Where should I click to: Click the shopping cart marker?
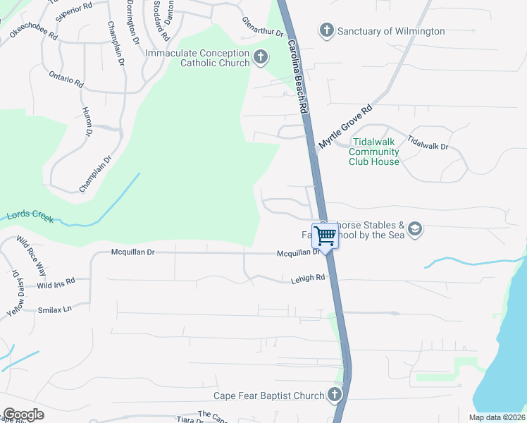325,235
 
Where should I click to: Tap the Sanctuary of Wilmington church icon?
326,30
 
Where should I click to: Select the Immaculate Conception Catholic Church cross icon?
261,58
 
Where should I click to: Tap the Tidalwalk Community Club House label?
374,152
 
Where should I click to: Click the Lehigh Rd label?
308,279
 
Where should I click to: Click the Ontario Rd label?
66,79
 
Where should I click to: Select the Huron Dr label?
87,122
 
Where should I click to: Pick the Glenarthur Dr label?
262,27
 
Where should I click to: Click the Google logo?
23,415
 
